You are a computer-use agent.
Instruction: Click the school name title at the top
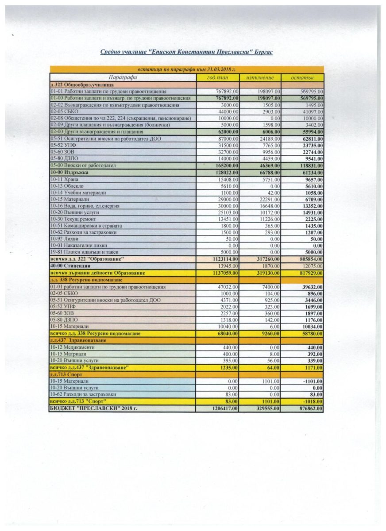point(186,52)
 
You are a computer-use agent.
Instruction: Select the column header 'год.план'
point(217,77)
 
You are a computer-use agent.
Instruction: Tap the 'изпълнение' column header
point(259,77)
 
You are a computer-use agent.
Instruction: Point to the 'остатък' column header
point(302,77)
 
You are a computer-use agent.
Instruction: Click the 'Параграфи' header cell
point(123,77)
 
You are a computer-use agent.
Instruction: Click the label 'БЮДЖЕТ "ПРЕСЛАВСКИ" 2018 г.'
point(94,408)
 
